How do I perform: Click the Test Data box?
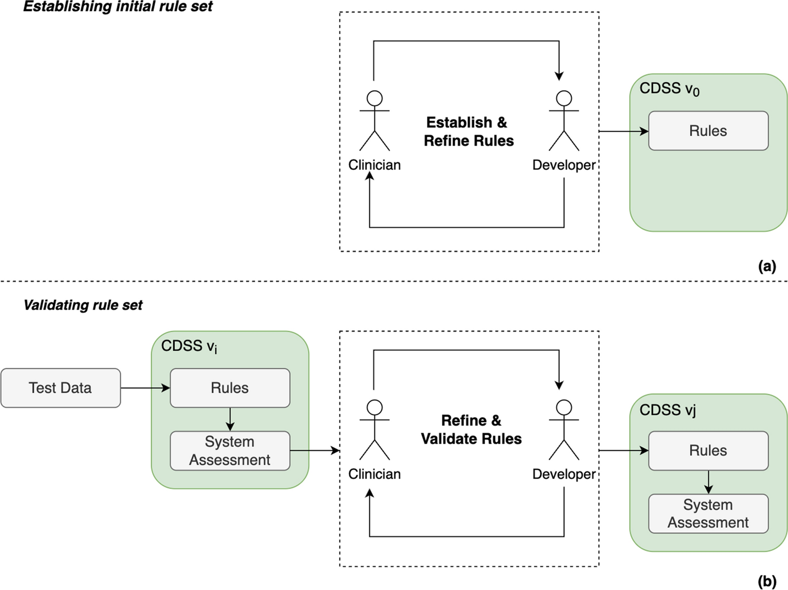click(x=60, y=388)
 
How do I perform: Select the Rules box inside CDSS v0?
click(x=708, y=131)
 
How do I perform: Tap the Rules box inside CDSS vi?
click(x=230, y=388)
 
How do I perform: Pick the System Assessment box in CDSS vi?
click(x=230, y=450)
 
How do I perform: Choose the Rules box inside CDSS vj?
click(x=708, y=450)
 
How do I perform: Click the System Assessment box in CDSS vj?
click(x=708, y=513)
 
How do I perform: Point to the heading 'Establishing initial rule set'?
click(x=118, y=7)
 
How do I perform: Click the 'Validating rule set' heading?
click(x=83, y=305)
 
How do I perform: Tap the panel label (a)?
click(x=767, y=266)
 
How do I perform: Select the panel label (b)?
click(x=767, y=581)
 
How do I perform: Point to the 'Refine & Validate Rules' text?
click(x=471, y=430)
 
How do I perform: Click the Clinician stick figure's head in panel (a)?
click(x=374, y=98)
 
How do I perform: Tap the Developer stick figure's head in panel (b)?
click(x=564, y=407)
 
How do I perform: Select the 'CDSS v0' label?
click(x=669, y=89)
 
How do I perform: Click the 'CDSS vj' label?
click(x=667, y=410)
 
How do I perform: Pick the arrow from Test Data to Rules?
click(x=145, y=388)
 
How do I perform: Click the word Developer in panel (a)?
click(x=564, y=165)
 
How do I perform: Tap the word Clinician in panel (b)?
click(x=374, y=474)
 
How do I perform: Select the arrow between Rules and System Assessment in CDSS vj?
click(x=708, y=482)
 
